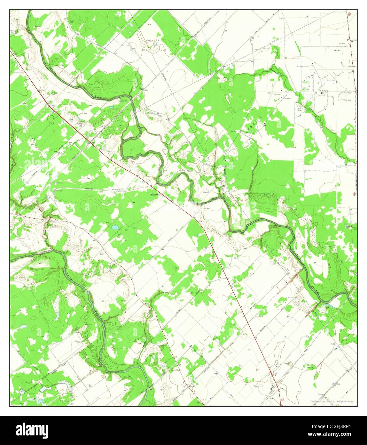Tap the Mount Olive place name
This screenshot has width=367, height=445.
[x=157, y=194]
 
